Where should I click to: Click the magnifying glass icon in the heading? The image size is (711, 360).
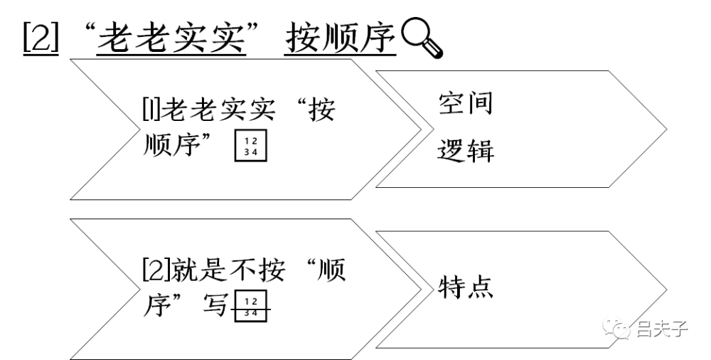(x=422, y=37)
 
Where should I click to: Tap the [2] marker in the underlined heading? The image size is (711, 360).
(x=41, y=37)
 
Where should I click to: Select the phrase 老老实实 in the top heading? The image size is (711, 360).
(x=171, y=37)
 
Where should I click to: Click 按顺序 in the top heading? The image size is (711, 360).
(x=340, y=37)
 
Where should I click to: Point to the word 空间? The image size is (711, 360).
(x=466, y=103)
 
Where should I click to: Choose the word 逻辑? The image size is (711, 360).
(x=466, y=150)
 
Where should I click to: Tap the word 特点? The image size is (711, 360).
(x=466, y=287)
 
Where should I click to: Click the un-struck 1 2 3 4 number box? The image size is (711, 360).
(x=251, y=146)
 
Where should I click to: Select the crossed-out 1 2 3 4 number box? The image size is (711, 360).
(x=251, y=307)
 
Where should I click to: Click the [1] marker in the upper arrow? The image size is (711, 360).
(x=151, y=110)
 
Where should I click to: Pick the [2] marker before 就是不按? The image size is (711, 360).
(x=156, y=270)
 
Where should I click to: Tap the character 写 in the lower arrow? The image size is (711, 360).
(x=215, y=304)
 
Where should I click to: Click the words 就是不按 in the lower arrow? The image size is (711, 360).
(x=228, y=270)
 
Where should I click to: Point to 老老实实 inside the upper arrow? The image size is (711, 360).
(x=218, y=110)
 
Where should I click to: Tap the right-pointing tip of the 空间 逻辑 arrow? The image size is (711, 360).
(x=667, y=129)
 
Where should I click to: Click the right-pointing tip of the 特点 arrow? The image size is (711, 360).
(x=667, y=290)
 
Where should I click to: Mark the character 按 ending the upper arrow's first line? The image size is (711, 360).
(x=322, y=110)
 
